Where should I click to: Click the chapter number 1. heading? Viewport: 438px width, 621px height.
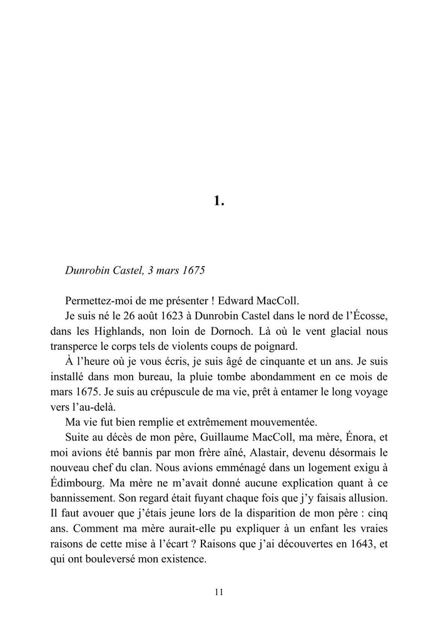(219, 201)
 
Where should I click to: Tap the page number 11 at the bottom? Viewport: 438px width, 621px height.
(219, 592)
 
